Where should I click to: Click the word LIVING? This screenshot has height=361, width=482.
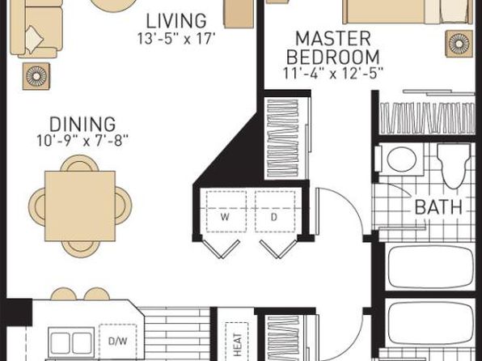pyautogui.click(x=175, y=21)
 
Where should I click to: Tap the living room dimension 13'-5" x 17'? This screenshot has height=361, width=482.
pyautogui.click(x=175, y=39)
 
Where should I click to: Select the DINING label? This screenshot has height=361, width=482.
pyautogui.click(x=82, y=125)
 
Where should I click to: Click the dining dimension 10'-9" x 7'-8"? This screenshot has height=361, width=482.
pyautogui.click(x=82, y=141)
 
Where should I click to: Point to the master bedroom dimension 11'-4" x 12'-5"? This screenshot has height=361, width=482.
pyautogui.click(x=333, y=74)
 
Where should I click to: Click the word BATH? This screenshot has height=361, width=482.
pyautogui.click(x=438, y=207)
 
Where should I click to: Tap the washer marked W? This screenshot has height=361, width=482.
pyautogui.click(x=226, y=211)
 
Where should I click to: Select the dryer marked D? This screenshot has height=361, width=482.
pyautogui.click(x=274, y=211)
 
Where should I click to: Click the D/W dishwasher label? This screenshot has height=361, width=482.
pyautogui.click(x=118, y=341)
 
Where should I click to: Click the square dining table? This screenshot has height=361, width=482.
pyautogui.click(x=80, y=206)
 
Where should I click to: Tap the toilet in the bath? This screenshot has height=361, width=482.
pyautogui.click(x=454, y=166)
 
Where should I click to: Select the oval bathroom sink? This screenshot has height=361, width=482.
pyautogui.click(x=401, y=159)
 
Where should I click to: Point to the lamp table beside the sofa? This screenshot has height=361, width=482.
pyautogui.click(x=36, y=76)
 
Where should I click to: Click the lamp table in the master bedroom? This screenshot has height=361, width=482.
pyautogui.click(x=459, y=44)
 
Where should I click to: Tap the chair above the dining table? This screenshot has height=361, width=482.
pyautogui.click(x=79, y=164)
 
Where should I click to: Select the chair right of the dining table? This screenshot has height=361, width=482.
pyautogui.click(x=124, y=206)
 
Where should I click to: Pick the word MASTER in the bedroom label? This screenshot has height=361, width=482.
pyautogui.click(x=333, y=39)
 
